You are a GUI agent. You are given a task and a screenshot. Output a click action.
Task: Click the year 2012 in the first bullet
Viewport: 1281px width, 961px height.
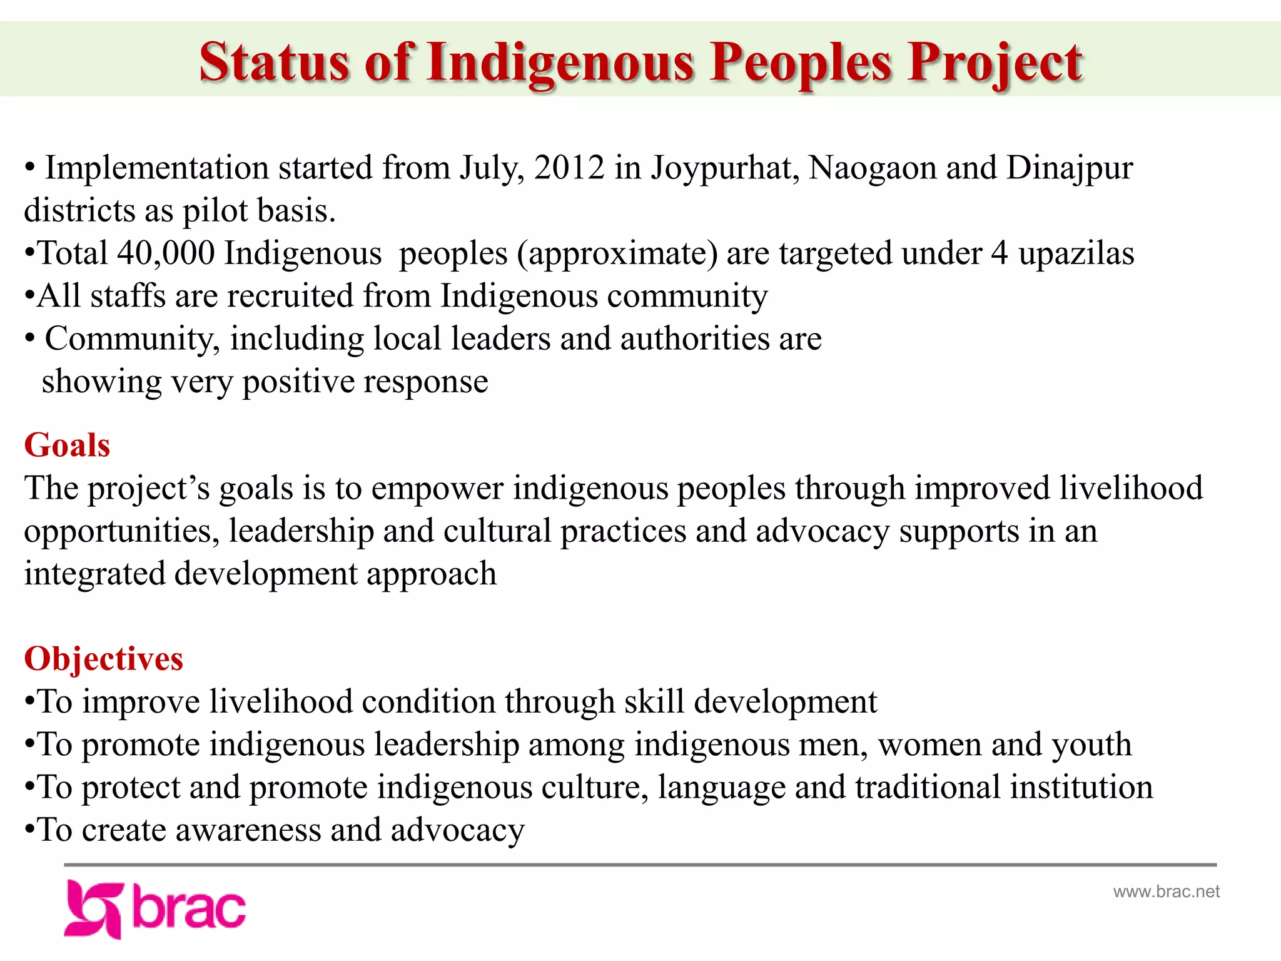[569, 168]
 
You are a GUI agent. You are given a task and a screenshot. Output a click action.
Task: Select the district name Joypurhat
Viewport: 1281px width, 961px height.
[724, 168]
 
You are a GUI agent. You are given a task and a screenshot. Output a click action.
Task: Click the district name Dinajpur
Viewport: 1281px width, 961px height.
[1069, 168]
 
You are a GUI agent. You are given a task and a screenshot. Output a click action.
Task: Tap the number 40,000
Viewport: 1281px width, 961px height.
[166, 253]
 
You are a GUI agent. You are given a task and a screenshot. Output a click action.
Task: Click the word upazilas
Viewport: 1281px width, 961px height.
[1076, 253]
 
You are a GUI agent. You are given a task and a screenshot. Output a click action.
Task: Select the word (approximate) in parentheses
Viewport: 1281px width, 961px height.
[617, 253]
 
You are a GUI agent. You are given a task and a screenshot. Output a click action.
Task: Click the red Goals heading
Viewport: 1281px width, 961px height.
[67, 445]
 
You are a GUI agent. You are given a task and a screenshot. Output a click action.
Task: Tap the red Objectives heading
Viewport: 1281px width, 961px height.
[103, 659]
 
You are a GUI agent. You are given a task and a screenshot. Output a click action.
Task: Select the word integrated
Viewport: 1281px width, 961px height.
[94, 574]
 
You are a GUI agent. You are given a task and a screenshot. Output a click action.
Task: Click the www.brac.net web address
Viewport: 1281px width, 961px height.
[1166, 892]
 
